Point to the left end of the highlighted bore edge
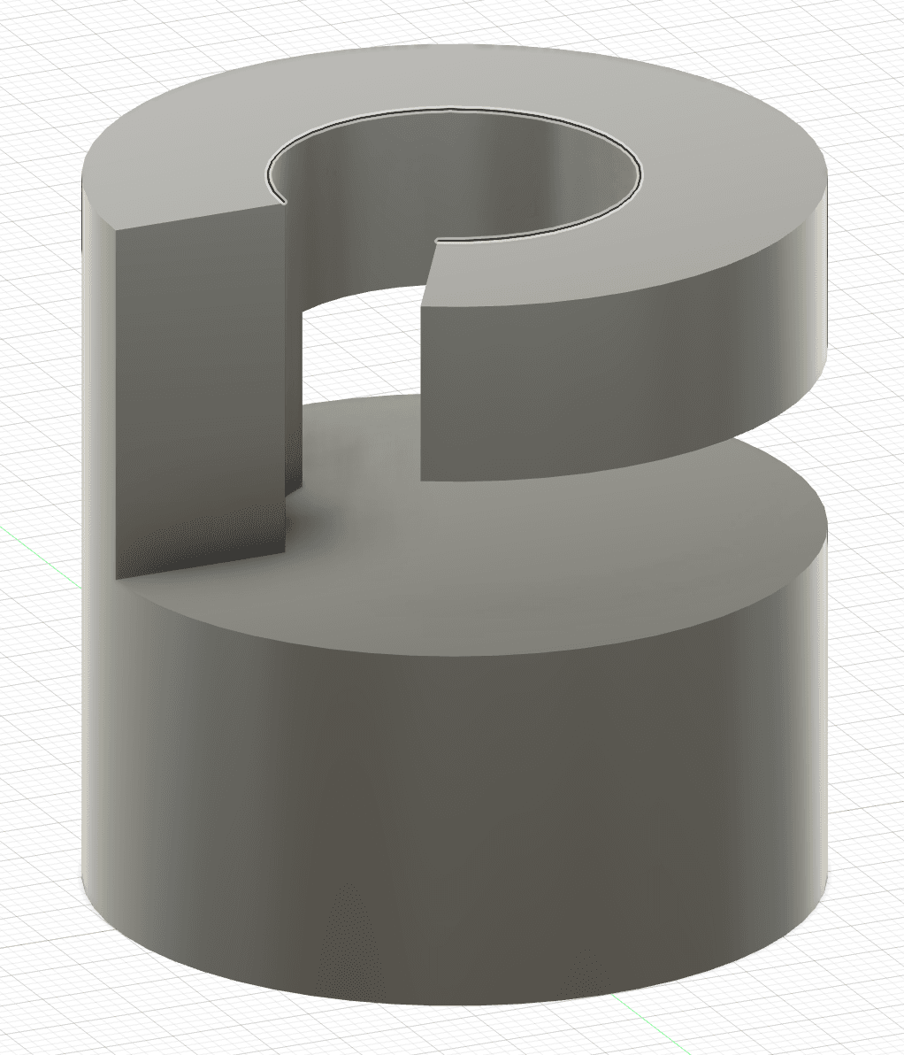(x=284, y=202)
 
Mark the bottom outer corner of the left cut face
(x=118, y=579)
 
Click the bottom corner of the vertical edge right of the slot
(x=421, y=481)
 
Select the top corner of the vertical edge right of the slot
(x=422, y=306)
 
